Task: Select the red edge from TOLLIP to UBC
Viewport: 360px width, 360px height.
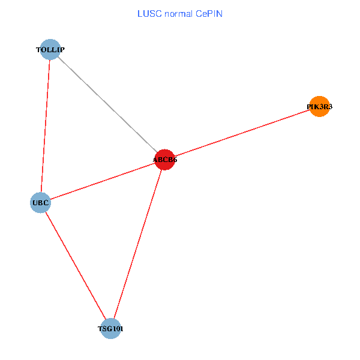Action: (46, 126)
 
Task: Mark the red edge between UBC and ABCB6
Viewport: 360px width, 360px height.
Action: (102, 181)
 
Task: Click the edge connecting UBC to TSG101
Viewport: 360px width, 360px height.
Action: (75, 266)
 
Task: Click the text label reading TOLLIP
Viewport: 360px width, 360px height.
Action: (50, 50)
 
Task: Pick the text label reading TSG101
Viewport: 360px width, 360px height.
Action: (110, 329)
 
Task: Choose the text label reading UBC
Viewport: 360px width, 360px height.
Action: (40, 203)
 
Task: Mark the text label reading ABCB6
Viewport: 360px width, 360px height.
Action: (165, 160)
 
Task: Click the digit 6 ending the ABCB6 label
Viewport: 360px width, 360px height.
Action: (175, 160)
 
